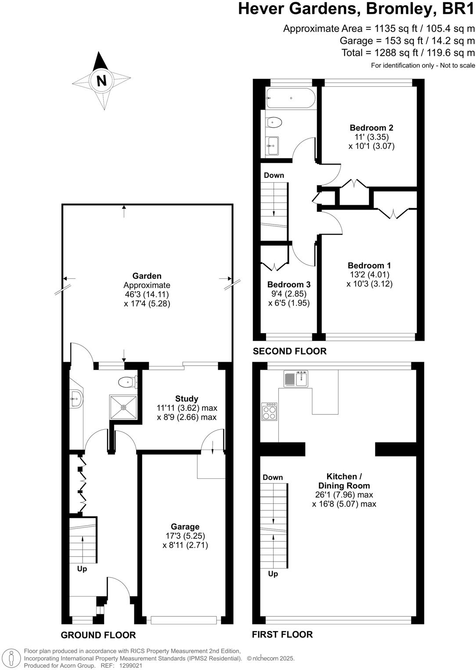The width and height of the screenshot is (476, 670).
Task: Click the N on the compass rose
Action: pos(101,81)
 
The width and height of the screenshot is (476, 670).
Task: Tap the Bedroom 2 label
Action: pos(371,128)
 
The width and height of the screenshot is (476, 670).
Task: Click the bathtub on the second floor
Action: pos(290,98)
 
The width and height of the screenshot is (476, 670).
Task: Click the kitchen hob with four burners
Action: pos(269,411)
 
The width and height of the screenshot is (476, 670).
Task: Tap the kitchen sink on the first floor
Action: pos(296,378)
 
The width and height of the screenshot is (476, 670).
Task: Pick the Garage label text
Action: pos(185,527)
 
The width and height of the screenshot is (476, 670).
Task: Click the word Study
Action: pos(187,399)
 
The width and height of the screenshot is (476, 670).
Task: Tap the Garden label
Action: pos(147,276)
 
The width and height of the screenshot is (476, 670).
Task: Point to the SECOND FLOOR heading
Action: pos(289,351)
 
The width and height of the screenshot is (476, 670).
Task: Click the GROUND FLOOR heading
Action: pos(98,635)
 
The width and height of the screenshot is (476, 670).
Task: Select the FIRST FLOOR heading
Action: pos(282,634)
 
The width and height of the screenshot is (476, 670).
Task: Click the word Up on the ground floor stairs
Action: pos(82,569)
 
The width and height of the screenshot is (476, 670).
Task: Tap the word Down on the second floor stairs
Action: pos(274,175)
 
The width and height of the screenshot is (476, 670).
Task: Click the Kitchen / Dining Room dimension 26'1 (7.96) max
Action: pos(344,495)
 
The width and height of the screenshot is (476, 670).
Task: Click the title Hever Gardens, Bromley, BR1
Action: pos(356,9)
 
